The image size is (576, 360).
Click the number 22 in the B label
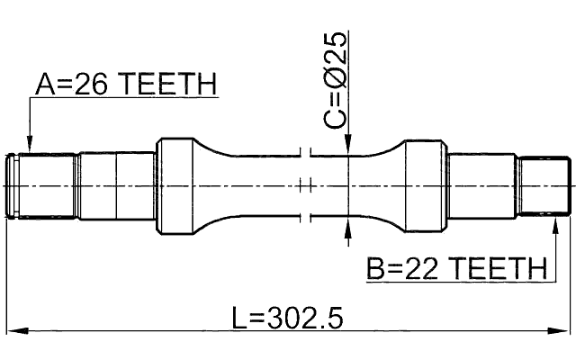tap(422, 268)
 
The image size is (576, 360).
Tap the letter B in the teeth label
tap(376, 268)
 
